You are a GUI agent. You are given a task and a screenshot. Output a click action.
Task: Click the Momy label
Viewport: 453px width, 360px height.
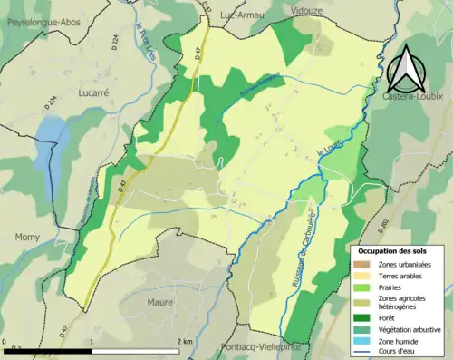(27, 238)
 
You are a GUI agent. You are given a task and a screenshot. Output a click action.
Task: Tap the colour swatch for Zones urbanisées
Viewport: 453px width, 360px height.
(361, 263)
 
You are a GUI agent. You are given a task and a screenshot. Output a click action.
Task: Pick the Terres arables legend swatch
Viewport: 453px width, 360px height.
(361, 275)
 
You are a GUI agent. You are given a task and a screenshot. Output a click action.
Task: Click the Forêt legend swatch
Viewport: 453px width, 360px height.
(361, 318)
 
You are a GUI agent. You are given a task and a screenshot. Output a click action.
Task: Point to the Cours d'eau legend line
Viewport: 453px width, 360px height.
(361, 352)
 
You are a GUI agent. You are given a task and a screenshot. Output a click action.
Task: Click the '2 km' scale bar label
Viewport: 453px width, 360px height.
(186, 343)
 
